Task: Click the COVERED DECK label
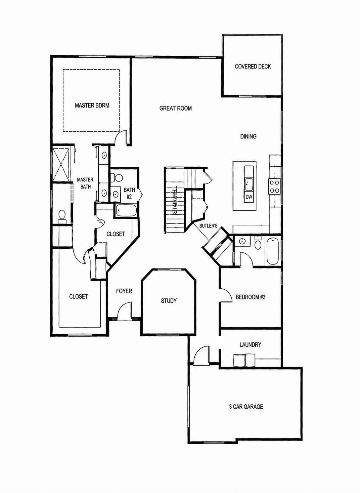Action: pyautogui.click(x=253, y=67)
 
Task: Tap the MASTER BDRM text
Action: pyautogui.click(x=92, y=106)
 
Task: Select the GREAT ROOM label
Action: pyautogui.click(x=176, y=108)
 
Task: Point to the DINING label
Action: pyautogui.click(x=248, y=136)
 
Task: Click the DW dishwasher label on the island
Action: pyautogui.click(x=249, y=197)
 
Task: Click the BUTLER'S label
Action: pyautogui.click(x=209, y=225)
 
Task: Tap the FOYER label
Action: pyautogui.click(x=124, y=291)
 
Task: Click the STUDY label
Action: pyautogui.click(x=169, y=301)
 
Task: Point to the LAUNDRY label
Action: pyautogui.click(x=250, y=344)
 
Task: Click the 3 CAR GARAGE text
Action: pyautogui.click(x=246, y=407)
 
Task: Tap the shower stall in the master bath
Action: pyautogui.click(x=61, y=165)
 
